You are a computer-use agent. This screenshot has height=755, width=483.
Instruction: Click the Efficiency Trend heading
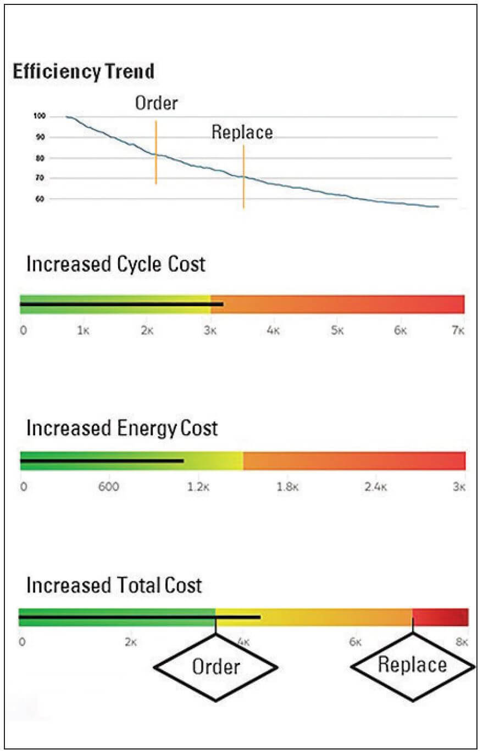(83, 72)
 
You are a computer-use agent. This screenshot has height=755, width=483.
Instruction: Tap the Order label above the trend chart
(156, 103)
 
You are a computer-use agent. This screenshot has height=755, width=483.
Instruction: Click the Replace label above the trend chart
(242, 132)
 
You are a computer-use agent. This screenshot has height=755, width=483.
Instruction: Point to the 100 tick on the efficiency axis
(39, 117)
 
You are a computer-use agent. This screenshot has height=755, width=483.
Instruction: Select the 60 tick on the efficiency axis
(40, 199)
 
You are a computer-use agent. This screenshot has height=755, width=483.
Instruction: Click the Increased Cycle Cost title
(115, 264)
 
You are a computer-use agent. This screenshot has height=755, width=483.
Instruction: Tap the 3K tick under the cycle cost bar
(210, 331)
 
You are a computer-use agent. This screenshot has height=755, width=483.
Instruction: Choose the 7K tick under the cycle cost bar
(458, 331)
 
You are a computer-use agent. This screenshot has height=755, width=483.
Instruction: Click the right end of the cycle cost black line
(222, 303)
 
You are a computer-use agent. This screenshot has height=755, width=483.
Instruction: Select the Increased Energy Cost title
(122, 428)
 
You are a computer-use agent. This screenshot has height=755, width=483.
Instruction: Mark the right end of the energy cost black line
(182, 461)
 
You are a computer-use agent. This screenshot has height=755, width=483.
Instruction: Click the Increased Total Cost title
(114, 585)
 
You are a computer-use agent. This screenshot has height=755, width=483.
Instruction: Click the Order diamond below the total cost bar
(215, 667)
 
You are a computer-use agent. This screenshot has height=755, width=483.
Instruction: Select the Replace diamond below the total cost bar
(412, 666)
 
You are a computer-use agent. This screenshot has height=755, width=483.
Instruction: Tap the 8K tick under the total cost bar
(462, 642)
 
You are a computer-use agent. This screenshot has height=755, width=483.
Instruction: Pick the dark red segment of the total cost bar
(440, 617)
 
